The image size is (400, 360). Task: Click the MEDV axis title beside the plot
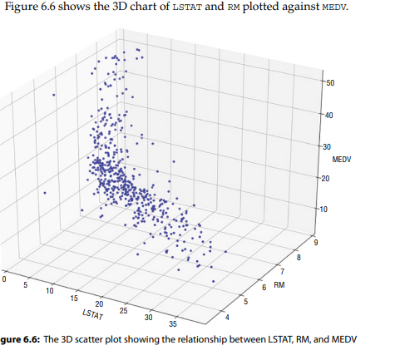click(x=342, y=158)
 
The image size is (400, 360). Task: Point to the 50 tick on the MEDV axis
click(x=329, y=83)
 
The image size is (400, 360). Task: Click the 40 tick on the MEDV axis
click(x=328, y=116)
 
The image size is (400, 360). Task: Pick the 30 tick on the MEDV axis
click(x=326, y=147)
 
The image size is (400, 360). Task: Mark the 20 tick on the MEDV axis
click(x=325, y=178)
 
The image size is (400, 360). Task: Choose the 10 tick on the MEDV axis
click(x=324, y=208)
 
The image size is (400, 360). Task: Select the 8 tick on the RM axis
click(x=300, y=257)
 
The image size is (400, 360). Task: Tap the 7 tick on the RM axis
click(x=283, y=272)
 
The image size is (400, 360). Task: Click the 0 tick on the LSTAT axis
click(x=4, y=280)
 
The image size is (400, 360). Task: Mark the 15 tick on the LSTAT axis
click(x=76, y=299)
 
